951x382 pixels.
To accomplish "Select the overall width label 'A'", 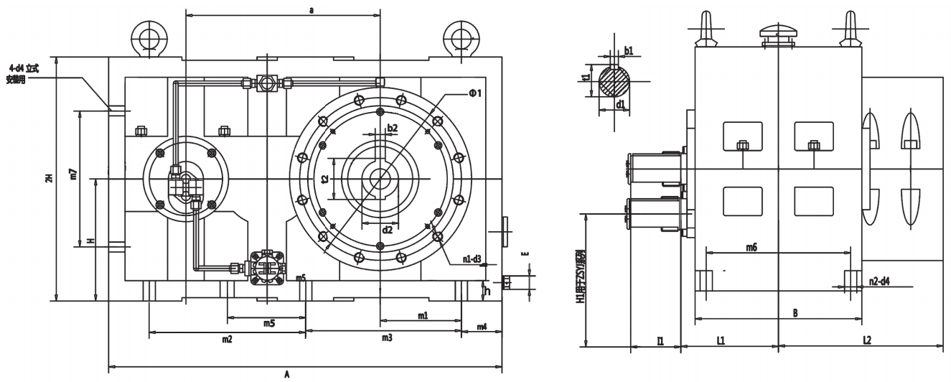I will (286, 374).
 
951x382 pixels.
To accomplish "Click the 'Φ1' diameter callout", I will (474, 93).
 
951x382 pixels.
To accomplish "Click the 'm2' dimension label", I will (226, 337).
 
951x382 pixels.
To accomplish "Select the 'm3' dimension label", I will (386, 337).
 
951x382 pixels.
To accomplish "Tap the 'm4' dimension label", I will (482, 327).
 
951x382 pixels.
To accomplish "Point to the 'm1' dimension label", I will (423, 315).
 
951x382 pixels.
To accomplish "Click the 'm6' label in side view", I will (751, 247).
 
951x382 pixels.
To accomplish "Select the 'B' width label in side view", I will (794, 313).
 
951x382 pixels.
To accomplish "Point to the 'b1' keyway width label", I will (629, 50).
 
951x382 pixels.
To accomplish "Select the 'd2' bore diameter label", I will (388, 230).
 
